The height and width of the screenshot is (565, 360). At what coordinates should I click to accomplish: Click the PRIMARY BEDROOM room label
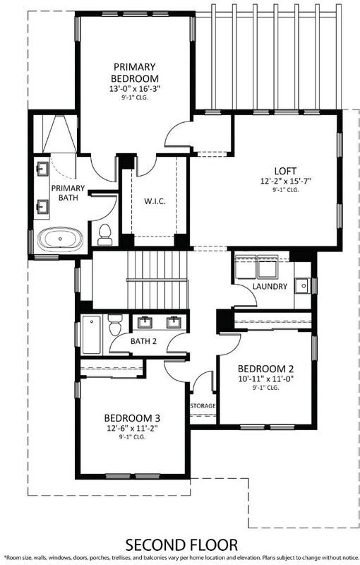pos(135,73)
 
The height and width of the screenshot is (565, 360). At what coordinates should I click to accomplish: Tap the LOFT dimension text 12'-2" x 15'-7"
pos(285,181)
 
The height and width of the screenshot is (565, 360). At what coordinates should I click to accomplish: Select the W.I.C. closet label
pos(155,201)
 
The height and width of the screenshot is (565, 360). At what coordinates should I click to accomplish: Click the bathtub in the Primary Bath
pos(60,239)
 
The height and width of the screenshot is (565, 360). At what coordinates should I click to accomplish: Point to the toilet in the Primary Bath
pos(104,234)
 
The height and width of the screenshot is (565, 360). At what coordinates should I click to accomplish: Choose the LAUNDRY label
pos(270,287)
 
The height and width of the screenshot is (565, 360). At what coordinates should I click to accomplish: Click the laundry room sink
pos(303,286)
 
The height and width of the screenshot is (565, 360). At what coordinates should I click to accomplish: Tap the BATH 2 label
pos(143,341)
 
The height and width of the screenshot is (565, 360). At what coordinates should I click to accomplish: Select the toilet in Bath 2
pos(116,325)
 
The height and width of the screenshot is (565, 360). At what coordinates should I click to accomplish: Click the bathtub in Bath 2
pos(91,335)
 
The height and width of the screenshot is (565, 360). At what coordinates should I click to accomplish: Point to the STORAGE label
pos(203,405)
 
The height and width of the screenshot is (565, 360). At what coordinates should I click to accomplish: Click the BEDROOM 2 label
pos(265,369)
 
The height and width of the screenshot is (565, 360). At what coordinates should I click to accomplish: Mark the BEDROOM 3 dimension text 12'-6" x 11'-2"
pos(133,428)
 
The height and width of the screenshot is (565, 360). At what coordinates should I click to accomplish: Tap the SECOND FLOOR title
pos(181,545)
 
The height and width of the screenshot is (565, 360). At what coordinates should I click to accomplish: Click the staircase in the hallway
pos(158,280)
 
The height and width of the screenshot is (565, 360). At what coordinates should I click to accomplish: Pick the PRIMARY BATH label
pos(68,193)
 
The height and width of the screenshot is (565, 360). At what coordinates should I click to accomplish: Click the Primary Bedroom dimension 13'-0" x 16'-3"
pos(135,89)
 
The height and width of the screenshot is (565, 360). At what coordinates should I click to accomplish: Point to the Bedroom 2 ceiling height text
pos(265,388)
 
